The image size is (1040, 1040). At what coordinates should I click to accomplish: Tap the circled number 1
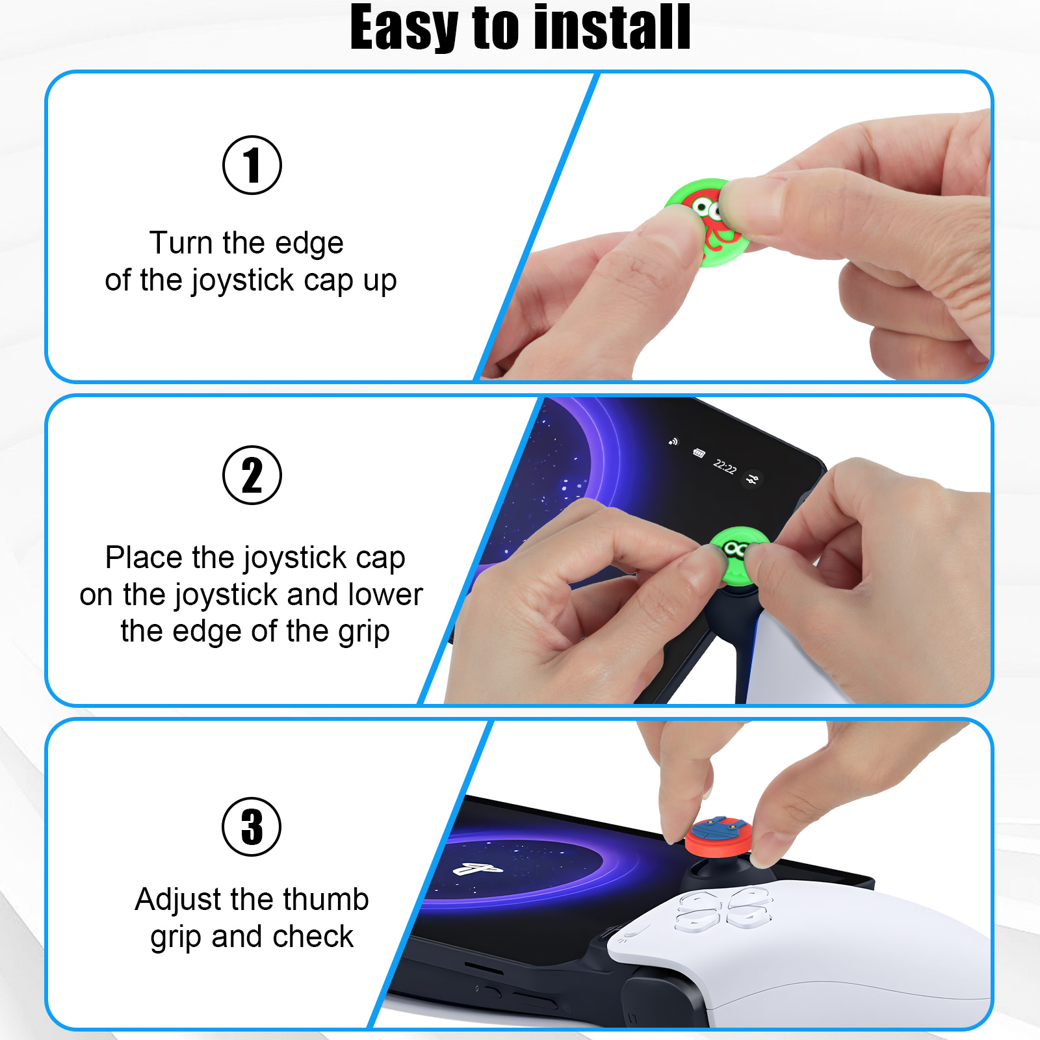(x=252, y=165)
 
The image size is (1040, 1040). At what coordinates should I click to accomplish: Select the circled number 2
(x=252, y=475)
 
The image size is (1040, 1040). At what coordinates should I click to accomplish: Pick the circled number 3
(x=252, y=827)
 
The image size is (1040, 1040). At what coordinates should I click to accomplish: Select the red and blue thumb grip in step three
(x=718, y=837)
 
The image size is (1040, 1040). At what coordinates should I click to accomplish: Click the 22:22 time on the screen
(x=725, y=467)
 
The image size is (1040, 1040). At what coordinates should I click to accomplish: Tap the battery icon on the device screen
(x=699, y=453)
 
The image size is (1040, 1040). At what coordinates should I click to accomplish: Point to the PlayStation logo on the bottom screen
(x=478, y=869)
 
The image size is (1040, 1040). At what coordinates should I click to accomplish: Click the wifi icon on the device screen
(x=673, y=442)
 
